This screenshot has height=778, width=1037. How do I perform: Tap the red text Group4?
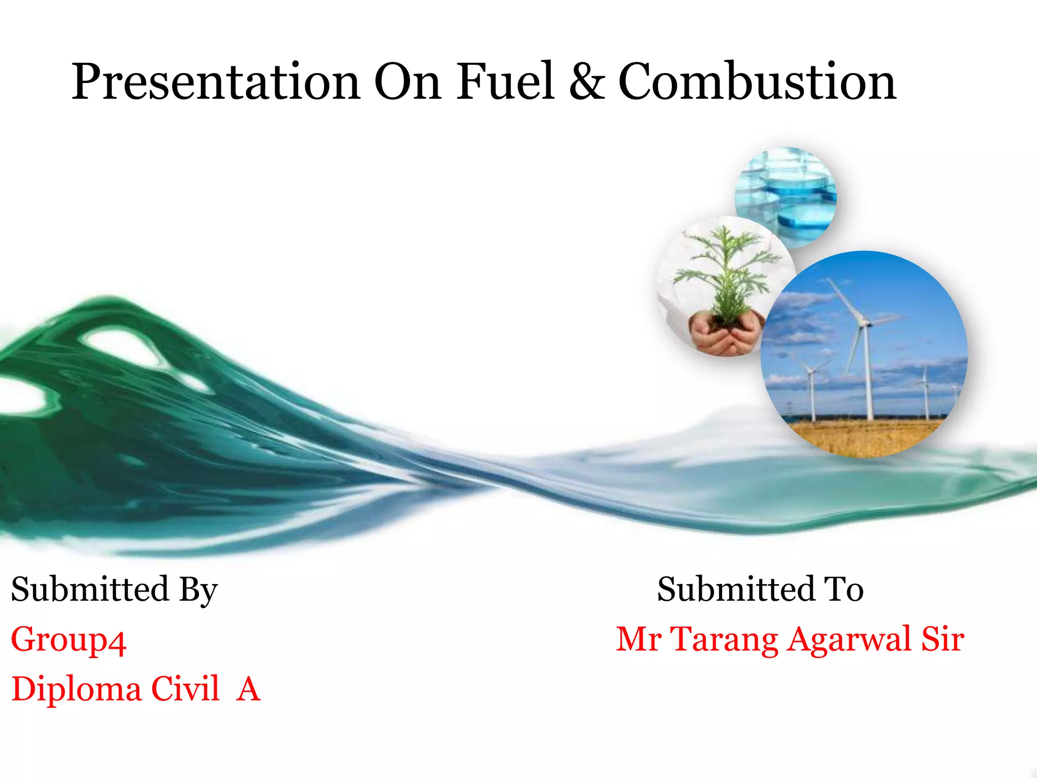(68, 640)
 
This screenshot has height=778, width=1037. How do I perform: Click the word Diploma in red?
(76, 690)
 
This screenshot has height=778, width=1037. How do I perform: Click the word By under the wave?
(198, 591)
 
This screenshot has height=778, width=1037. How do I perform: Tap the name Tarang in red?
(724, 640)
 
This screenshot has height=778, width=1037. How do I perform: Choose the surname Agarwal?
(851, 640)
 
